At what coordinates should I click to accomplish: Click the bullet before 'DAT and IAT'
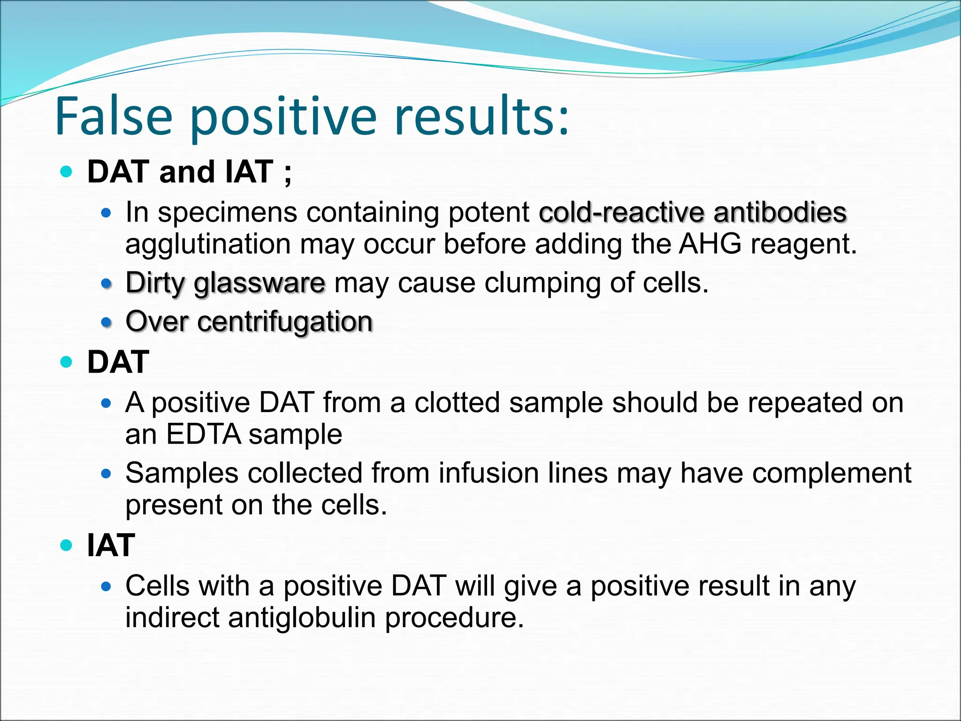point(67,172)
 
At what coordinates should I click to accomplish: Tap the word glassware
point(259,284)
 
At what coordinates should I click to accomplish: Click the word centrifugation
point(285,322)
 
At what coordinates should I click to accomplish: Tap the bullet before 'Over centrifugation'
point(107,322)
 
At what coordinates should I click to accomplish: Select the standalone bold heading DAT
point(118,362)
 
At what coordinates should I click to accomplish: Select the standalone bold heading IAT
point(111,545)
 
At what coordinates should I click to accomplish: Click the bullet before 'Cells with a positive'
point(107,586)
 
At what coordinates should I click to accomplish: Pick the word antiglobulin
point(302,617)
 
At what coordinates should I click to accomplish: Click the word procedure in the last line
point(454,618)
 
